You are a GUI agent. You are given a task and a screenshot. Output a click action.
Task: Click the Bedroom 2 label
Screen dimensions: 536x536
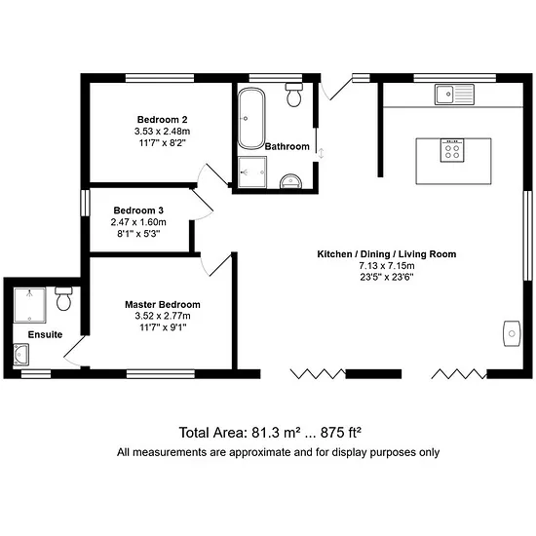tap(162, 120)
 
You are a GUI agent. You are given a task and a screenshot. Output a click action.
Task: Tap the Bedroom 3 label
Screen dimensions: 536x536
tap(138, 211)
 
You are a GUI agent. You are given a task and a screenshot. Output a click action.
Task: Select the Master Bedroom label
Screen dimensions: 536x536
tap(163, 305)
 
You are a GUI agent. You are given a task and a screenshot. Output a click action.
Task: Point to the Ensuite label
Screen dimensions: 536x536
tap(45, 334)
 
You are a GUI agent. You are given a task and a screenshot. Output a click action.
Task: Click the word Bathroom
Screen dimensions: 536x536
tap(287, 146)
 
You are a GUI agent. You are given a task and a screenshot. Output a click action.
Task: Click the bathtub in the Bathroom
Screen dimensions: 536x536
tap(251, 118)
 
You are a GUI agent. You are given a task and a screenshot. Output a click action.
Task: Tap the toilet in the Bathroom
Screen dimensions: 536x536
tap(294, 95)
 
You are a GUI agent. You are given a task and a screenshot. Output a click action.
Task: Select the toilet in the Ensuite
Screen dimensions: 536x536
tap(64, 298)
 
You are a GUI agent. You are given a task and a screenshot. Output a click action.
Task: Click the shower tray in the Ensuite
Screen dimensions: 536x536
tap(30, 305)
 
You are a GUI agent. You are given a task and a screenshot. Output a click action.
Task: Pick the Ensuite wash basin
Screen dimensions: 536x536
tap(20, 355)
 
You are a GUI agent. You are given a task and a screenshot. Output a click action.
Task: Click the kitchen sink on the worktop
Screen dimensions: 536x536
tap(454, 95)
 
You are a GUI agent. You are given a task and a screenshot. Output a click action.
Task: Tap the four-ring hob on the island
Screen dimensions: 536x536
tap(452, 150)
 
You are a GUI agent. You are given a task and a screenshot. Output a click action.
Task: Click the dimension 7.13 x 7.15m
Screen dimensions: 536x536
tap(387, 266)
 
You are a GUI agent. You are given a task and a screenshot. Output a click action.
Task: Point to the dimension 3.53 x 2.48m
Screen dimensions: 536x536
tap(162, 132)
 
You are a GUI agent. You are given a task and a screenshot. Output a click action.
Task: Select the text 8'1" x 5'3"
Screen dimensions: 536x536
tap(138, 234)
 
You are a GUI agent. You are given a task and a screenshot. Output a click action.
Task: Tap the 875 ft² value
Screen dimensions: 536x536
tap(341, 433)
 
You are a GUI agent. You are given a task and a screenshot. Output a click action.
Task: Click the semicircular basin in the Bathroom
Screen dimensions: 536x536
tap(291, 181)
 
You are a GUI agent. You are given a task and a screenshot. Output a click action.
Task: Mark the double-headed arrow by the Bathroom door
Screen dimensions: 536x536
tap(321, 153)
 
